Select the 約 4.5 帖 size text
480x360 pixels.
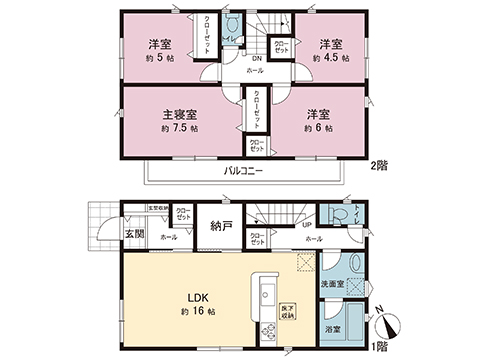(x=331, y=59)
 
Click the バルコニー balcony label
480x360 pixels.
(x=244, y=171)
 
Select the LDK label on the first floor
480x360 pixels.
(x=195, y=299)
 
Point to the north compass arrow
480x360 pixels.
(x=388, y=322)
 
